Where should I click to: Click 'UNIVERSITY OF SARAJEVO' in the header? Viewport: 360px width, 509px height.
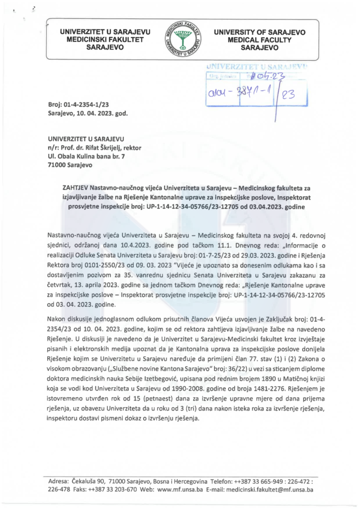[260, 32]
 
